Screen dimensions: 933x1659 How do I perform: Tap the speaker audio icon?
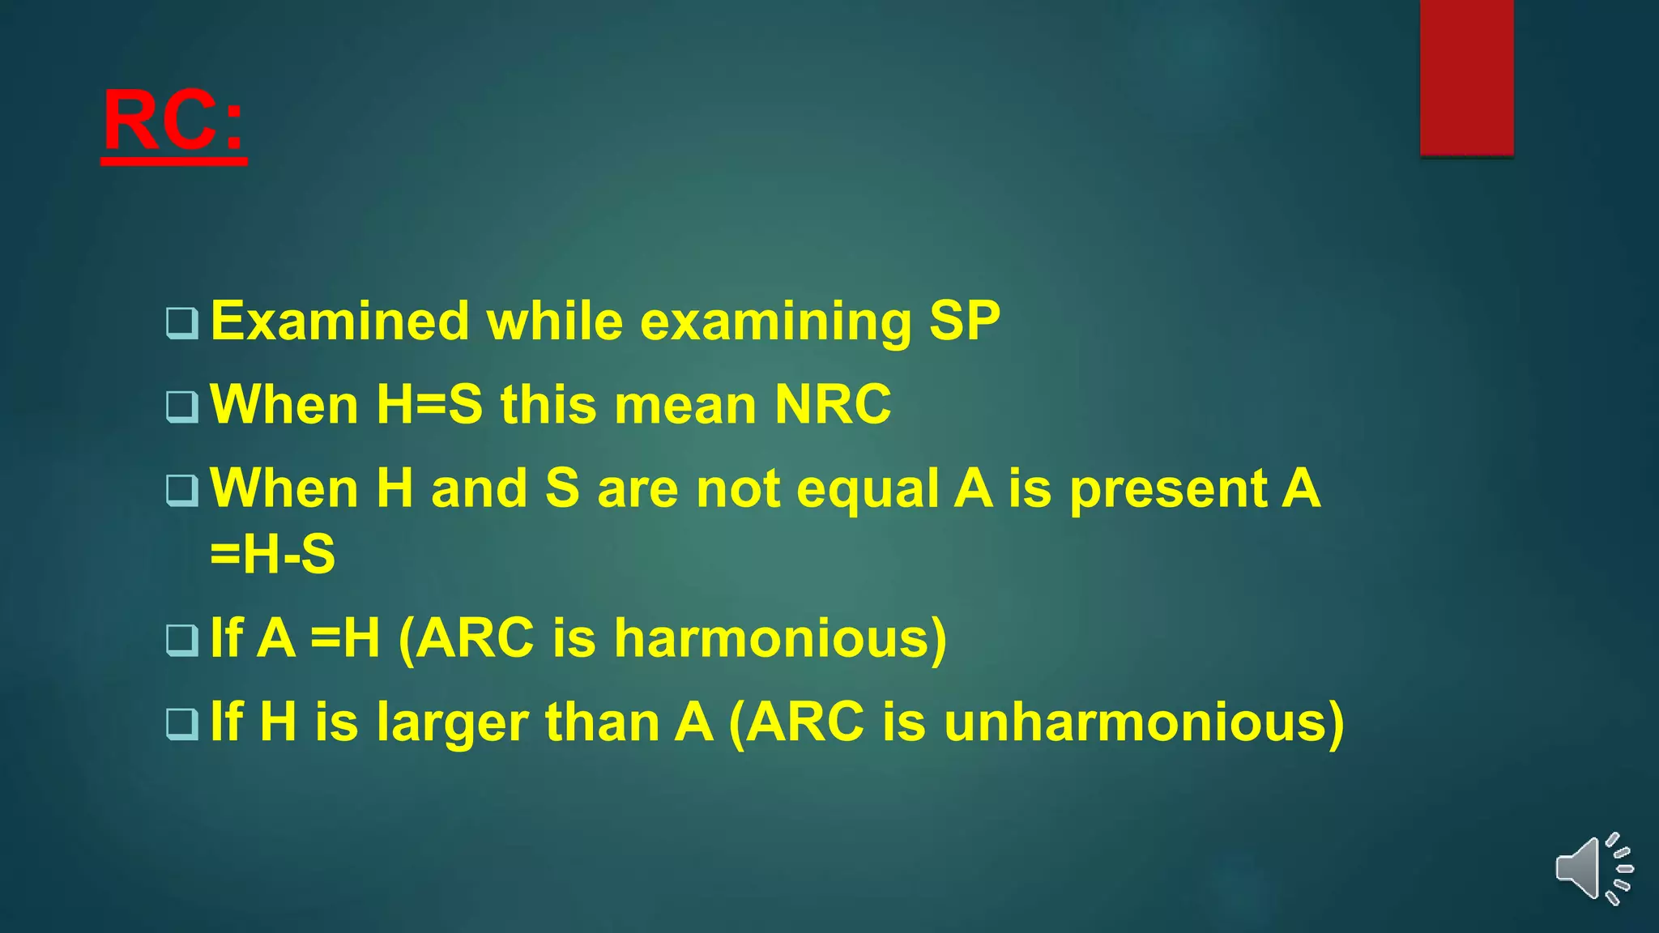(x=1593, y=868)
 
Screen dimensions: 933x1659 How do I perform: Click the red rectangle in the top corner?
(x=1466, y=78)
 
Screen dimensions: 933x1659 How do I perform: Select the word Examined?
(x=339, y=321)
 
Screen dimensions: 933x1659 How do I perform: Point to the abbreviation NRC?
(x=833, y=404)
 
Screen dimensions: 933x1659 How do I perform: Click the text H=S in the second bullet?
(x=429, y=404)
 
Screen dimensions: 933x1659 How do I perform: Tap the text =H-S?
(x=272, y=555)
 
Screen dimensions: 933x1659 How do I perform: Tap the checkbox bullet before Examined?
(x=181, y=323)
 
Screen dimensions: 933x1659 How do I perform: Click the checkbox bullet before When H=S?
(x=181, y=407)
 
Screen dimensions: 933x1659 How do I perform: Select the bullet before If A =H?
(x=181, y=640)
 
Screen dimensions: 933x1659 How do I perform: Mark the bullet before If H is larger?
(x=181, y=723)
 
